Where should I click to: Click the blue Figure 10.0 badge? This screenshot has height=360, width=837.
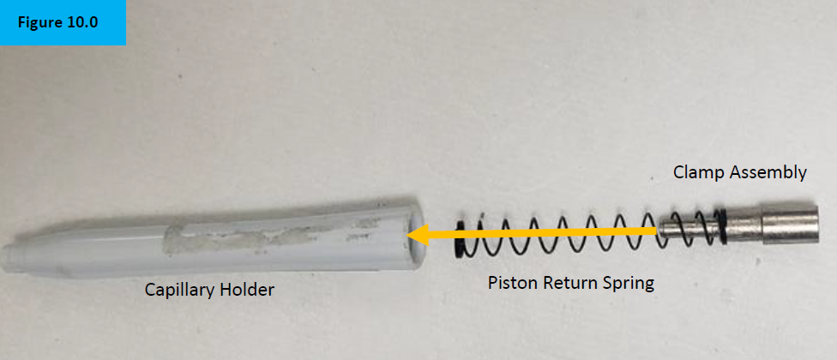click(63, 23)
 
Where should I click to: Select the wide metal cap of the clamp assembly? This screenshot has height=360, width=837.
click(790, 224)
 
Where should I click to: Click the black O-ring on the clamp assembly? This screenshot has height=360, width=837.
click(723, 225)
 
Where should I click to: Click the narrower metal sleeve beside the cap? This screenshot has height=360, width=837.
click(745, 225)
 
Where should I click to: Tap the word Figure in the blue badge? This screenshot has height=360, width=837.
click(38, 24)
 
